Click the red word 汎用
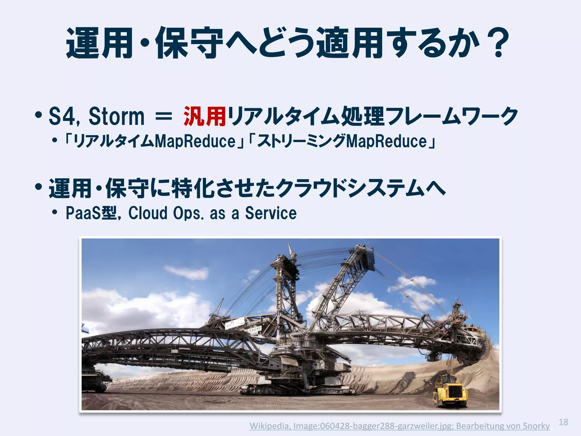pyautogui.click(x=205, y=116)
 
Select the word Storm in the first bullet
pyautogui.click(x=116, y=116)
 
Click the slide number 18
pyautogui.click(x=563, y=422)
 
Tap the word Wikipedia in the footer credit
pyautogui.click(x=269, y=426)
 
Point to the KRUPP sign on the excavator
pyautogui.click(x=254, y=330)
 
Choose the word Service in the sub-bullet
pyautogui.click(x=271, y=213)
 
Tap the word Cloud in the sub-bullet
pyautogui.click(x=148, y=213)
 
